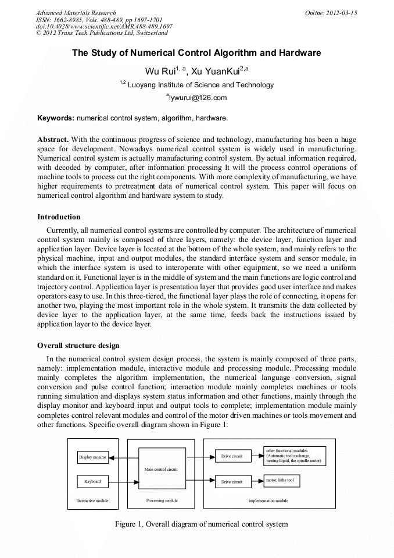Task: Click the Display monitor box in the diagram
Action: point(93,458)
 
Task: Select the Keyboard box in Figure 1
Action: point(93,481)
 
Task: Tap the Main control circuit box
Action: point(162,468)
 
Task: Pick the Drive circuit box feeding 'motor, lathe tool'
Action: point(232,482)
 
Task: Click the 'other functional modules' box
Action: point(295,456)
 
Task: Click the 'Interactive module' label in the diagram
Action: point(93,500)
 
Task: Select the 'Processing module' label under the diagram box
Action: point(162,500)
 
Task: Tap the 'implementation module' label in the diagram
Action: point(268,500)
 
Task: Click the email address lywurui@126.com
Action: point(196,98)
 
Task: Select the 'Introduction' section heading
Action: point(59,217)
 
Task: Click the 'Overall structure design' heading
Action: point(78,346)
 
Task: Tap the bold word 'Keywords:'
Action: point(56,118)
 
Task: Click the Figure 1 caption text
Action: point(202,524)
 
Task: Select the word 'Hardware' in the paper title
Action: point(300,53)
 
